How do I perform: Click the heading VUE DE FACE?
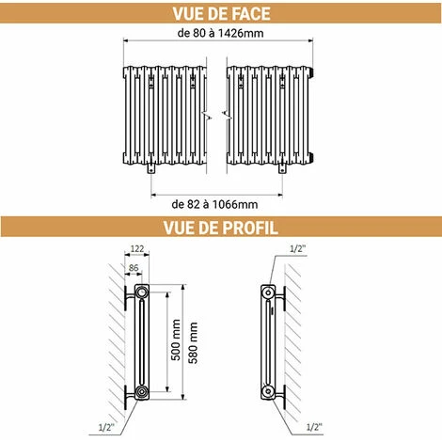click(x=221, y=13)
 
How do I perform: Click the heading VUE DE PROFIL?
click(x=221, y=228)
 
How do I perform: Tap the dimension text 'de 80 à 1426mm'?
click(x=220, y=33)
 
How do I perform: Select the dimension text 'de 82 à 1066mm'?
click(x=214, y=204)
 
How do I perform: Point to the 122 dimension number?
click(x=137, y=248)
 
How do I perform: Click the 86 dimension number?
click(x=134, y=268)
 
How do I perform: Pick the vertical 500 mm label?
click(x=176, y=339)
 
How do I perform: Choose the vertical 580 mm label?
click(x=194, y=342)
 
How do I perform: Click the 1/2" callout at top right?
click(x=297, y=248)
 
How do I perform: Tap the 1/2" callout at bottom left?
click(x=106, y=427)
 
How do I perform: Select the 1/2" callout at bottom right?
click(x=314, y=427)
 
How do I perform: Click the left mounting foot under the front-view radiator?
click(x=151, y=168)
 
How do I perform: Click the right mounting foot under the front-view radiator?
click(x=282, y=168)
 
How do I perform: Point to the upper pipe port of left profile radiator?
click(x=142, y=292)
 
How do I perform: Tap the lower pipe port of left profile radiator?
click(x=142, y=391)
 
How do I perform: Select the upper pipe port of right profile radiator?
click(x=268, y=292)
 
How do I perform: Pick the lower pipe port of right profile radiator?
click(x=268, y=391)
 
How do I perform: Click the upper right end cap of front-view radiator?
click(x=311, y=72)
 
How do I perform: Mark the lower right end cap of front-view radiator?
click(x=311, y=158)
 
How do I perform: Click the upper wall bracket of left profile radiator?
click(x=129, y=296)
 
